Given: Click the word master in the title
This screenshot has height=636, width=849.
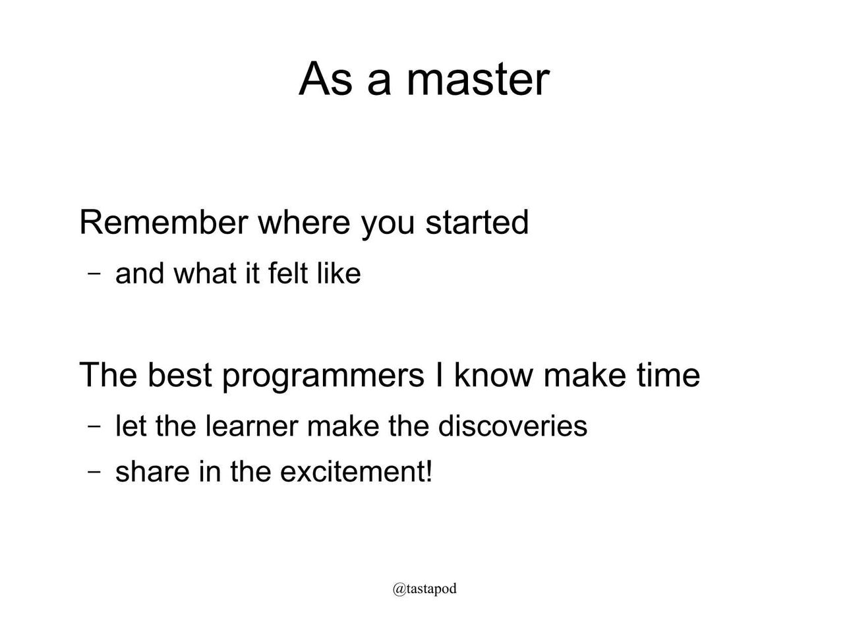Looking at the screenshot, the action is pos(478,80).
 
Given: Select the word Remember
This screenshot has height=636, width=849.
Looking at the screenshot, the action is pos(163,222).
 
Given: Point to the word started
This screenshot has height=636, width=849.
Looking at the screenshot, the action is pos(477,222).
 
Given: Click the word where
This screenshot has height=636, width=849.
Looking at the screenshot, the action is pos(304,222).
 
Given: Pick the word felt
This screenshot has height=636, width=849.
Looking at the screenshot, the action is pos(288,273).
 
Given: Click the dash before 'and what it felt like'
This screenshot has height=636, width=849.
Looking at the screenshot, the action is pos(94,274).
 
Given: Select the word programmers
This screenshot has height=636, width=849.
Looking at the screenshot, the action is pos(324,376).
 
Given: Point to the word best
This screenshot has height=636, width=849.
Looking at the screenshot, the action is pos(180,374).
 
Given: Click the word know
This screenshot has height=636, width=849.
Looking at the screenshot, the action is pos(493,374).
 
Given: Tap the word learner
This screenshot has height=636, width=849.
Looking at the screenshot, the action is pos(252,426).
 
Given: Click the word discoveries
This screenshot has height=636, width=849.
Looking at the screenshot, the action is pos(512,426).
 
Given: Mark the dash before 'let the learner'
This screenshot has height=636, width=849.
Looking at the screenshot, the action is pos(94,426).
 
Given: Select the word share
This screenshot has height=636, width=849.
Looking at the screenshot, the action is pos(152,471).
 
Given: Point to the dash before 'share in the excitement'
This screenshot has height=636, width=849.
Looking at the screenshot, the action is pos(94,472).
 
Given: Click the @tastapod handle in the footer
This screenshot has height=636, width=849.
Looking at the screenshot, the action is pos(424,589).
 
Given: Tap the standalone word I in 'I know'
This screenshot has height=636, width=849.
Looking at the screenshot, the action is pos(439,374).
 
